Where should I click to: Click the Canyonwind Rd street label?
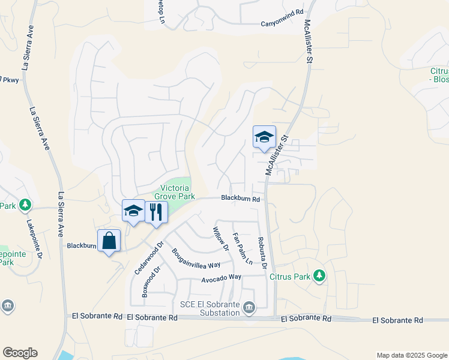280,24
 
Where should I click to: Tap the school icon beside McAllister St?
264,137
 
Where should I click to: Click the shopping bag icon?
109,241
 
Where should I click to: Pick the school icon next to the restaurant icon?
133,211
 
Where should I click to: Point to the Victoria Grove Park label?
175,192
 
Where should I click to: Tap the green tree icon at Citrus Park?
320,275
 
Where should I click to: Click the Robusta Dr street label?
262,250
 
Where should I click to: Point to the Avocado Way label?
221,277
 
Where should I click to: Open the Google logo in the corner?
20,353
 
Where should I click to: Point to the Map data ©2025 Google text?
411,355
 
